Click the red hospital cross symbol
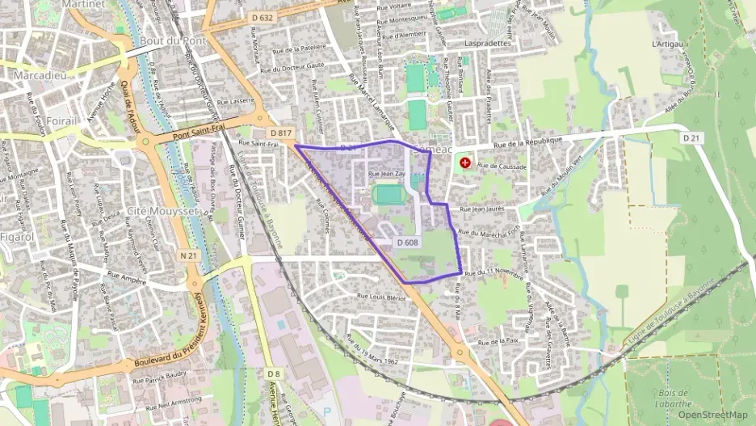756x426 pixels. click(464, 163)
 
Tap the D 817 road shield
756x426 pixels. click(280, 133)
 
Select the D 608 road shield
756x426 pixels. click(408, 242)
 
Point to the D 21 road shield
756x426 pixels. click(691, 138)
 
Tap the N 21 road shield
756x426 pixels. click(189, 255)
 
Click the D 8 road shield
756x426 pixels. click(274, 373)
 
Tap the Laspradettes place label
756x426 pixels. click(489, 43)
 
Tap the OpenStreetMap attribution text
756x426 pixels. click(713, 415)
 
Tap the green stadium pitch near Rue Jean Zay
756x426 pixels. click(389, 195)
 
